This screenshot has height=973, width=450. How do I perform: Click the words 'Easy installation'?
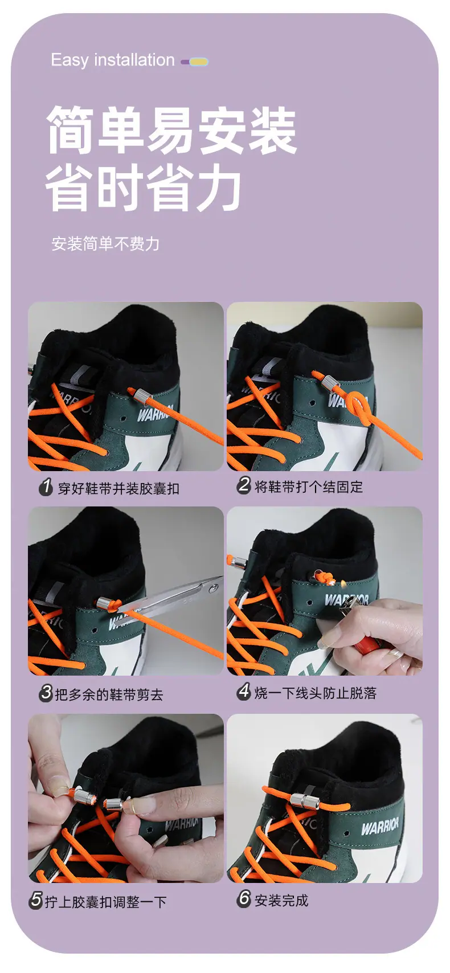pos(113,60)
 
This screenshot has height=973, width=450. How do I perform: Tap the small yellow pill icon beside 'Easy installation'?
pos(198,62)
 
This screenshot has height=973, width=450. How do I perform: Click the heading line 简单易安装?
pos(171,129)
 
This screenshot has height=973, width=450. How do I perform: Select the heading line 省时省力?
pos(144,188)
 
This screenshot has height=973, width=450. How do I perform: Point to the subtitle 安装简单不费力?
pos(105,244)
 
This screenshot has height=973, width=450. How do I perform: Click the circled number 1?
pos(46,487)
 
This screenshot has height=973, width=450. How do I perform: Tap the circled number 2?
pos(244,485)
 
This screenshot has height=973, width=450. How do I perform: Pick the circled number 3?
pos(46,693)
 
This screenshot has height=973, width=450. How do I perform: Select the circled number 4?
pos(244,691)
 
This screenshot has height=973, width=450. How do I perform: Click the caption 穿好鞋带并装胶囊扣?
pos(118,488)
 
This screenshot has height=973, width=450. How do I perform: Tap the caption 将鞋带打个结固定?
pos(308,486)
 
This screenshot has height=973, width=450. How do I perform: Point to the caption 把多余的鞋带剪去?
pos(109,694)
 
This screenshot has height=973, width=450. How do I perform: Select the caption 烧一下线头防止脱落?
pos(316,692)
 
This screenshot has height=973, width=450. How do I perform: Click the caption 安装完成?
pos(281,900)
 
